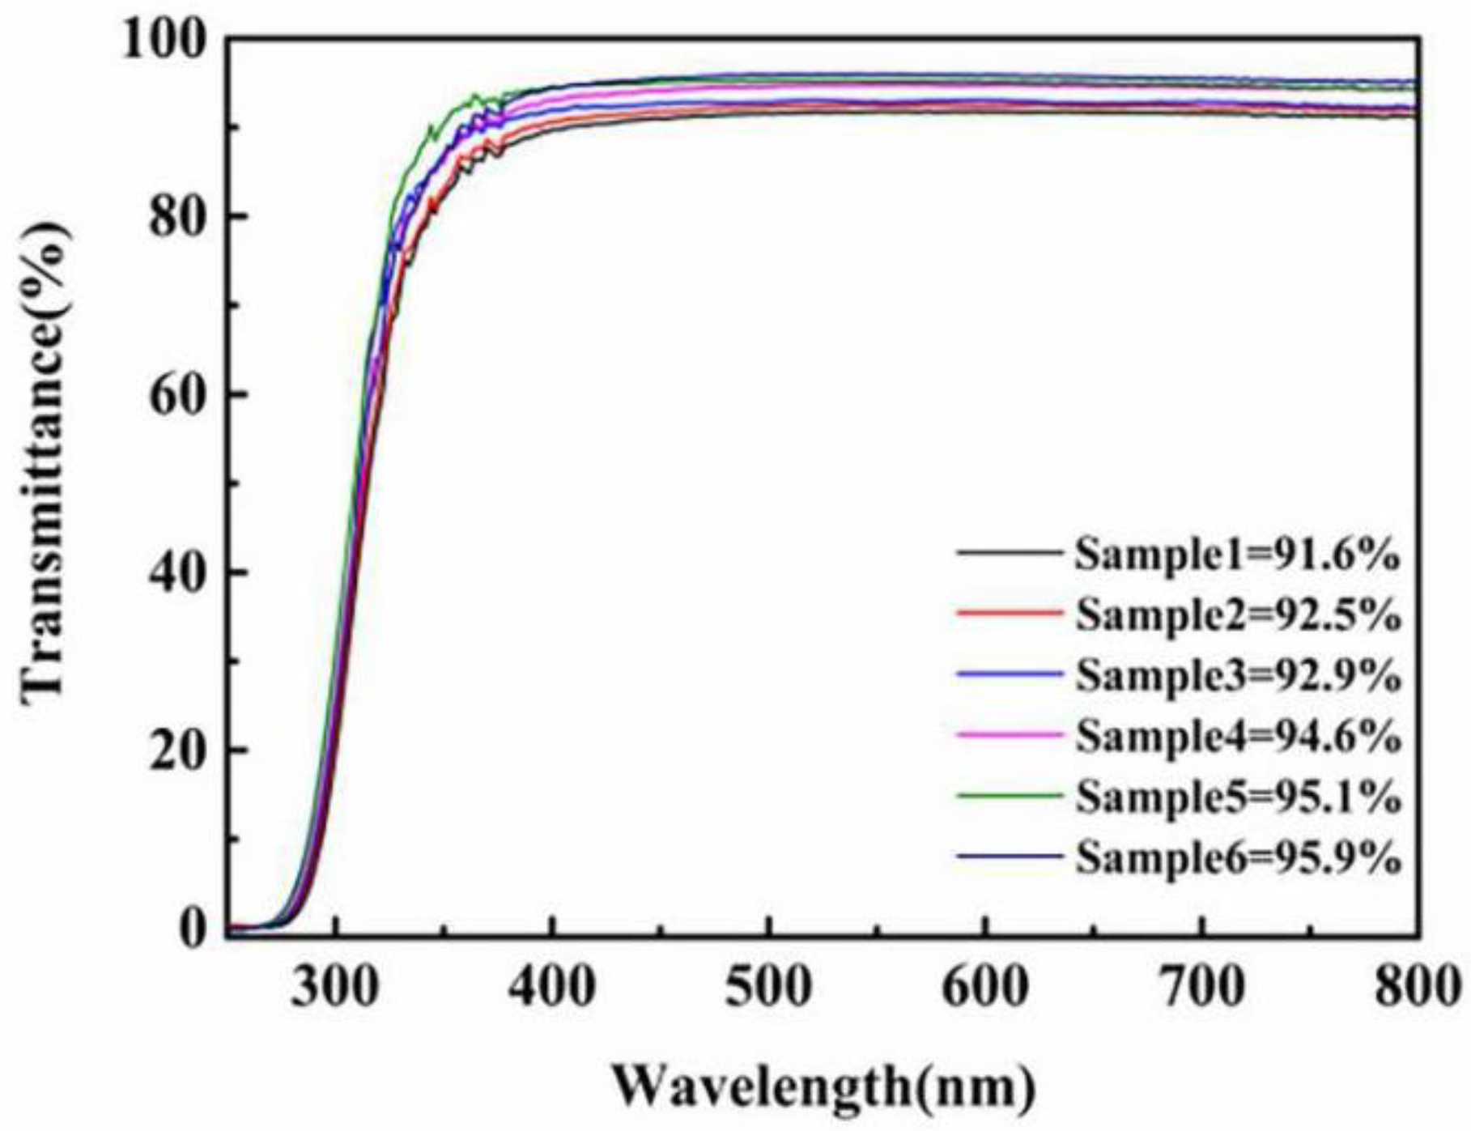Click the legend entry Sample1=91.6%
(x=1236, y=555)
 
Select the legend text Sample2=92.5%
(x=1236, y=616)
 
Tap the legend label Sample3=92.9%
(x=1236, y=676)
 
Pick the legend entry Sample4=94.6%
(x=1236, y=737)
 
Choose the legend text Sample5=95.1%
(x=1236, y=797)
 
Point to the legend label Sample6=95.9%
(x=1236, y=858)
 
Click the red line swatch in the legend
(x=1008, y=613)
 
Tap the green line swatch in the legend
(x=1008, y=795)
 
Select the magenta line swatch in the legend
(x=1008, y=734)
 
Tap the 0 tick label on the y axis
(x=193, y=929)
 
